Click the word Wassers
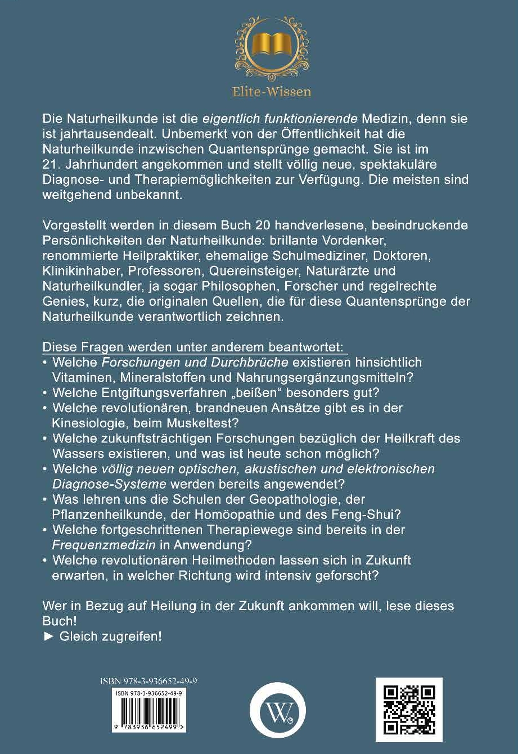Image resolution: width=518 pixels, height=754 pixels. click(x=78, y=452)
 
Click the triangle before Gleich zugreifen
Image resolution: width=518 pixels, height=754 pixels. click(x=47, y=637)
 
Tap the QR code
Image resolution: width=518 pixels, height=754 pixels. click(x=409, y=710)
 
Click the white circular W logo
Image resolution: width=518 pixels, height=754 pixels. click(x=277, y=710)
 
